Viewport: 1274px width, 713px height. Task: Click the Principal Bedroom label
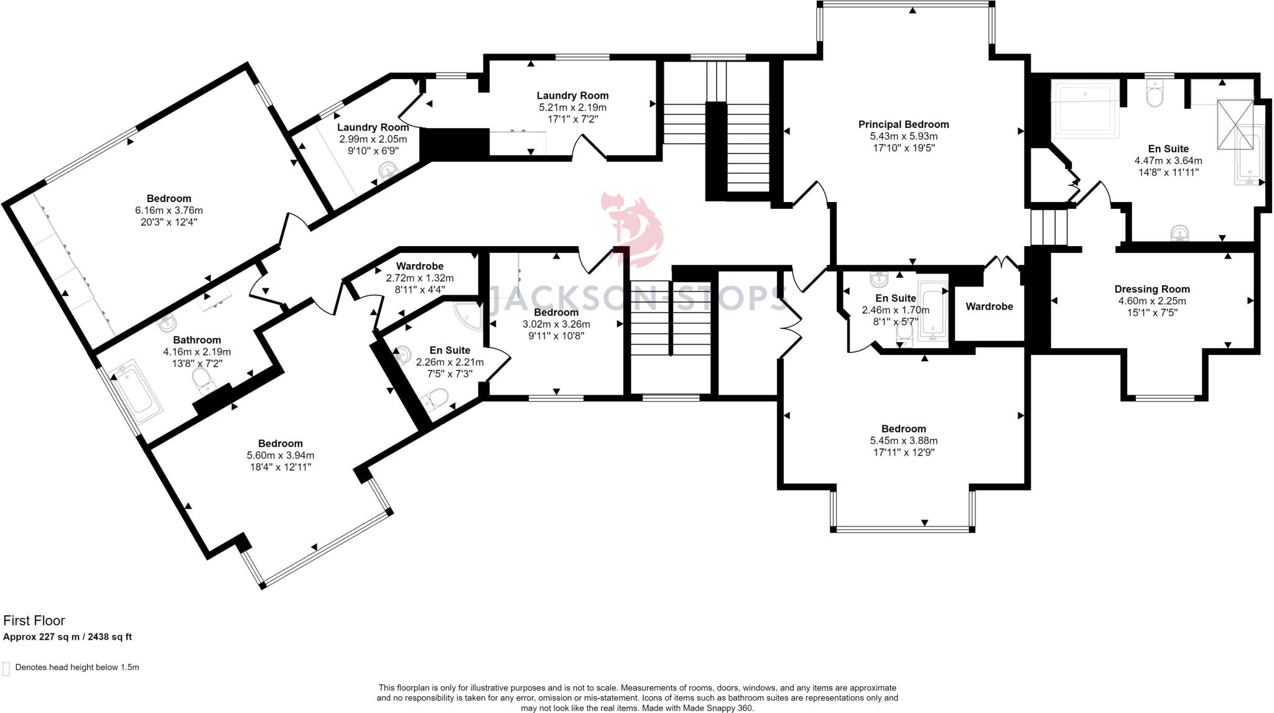point(904,124)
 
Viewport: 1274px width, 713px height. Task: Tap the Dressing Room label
point(1152,289)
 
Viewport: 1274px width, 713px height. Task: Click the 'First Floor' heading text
point(34,620)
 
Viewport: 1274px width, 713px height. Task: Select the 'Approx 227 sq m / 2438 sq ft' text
point(67,637)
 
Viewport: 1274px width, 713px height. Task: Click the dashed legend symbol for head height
point(6,668)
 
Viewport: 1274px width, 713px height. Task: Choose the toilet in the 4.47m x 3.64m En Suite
point(1155,94)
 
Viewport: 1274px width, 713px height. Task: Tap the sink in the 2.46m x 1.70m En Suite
point(880,279)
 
